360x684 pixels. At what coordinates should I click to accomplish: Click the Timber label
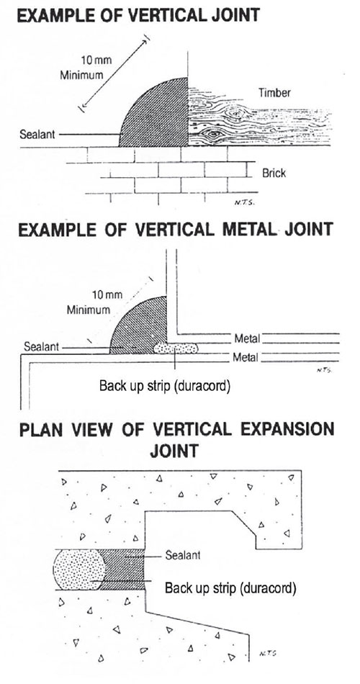pos(274,92)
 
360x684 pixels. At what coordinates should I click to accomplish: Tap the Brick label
pos(274,173)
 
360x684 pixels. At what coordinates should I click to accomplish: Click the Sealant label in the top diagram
pos(37,135)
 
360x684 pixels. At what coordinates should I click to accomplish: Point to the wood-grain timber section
pos(258,117)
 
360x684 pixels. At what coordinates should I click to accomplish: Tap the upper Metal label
pos(248,338)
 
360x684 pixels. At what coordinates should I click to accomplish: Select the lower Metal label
pos(246,358)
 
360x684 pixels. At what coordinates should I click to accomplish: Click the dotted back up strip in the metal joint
pos(176,348)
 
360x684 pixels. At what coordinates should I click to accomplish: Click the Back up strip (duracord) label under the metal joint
pos(164,386)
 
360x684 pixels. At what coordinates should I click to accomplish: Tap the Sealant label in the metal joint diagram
pos(42,348)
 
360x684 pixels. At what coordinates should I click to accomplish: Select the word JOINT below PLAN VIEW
pos(174,451)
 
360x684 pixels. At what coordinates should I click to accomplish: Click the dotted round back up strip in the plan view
pos(79,570)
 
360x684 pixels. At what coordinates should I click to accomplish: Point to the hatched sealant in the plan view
pos(124,570)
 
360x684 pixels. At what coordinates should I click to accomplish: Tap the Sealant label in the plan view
pos(183,555)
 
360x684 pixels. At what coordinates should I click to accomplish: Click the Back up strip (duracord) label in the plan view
pos(230,588)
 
